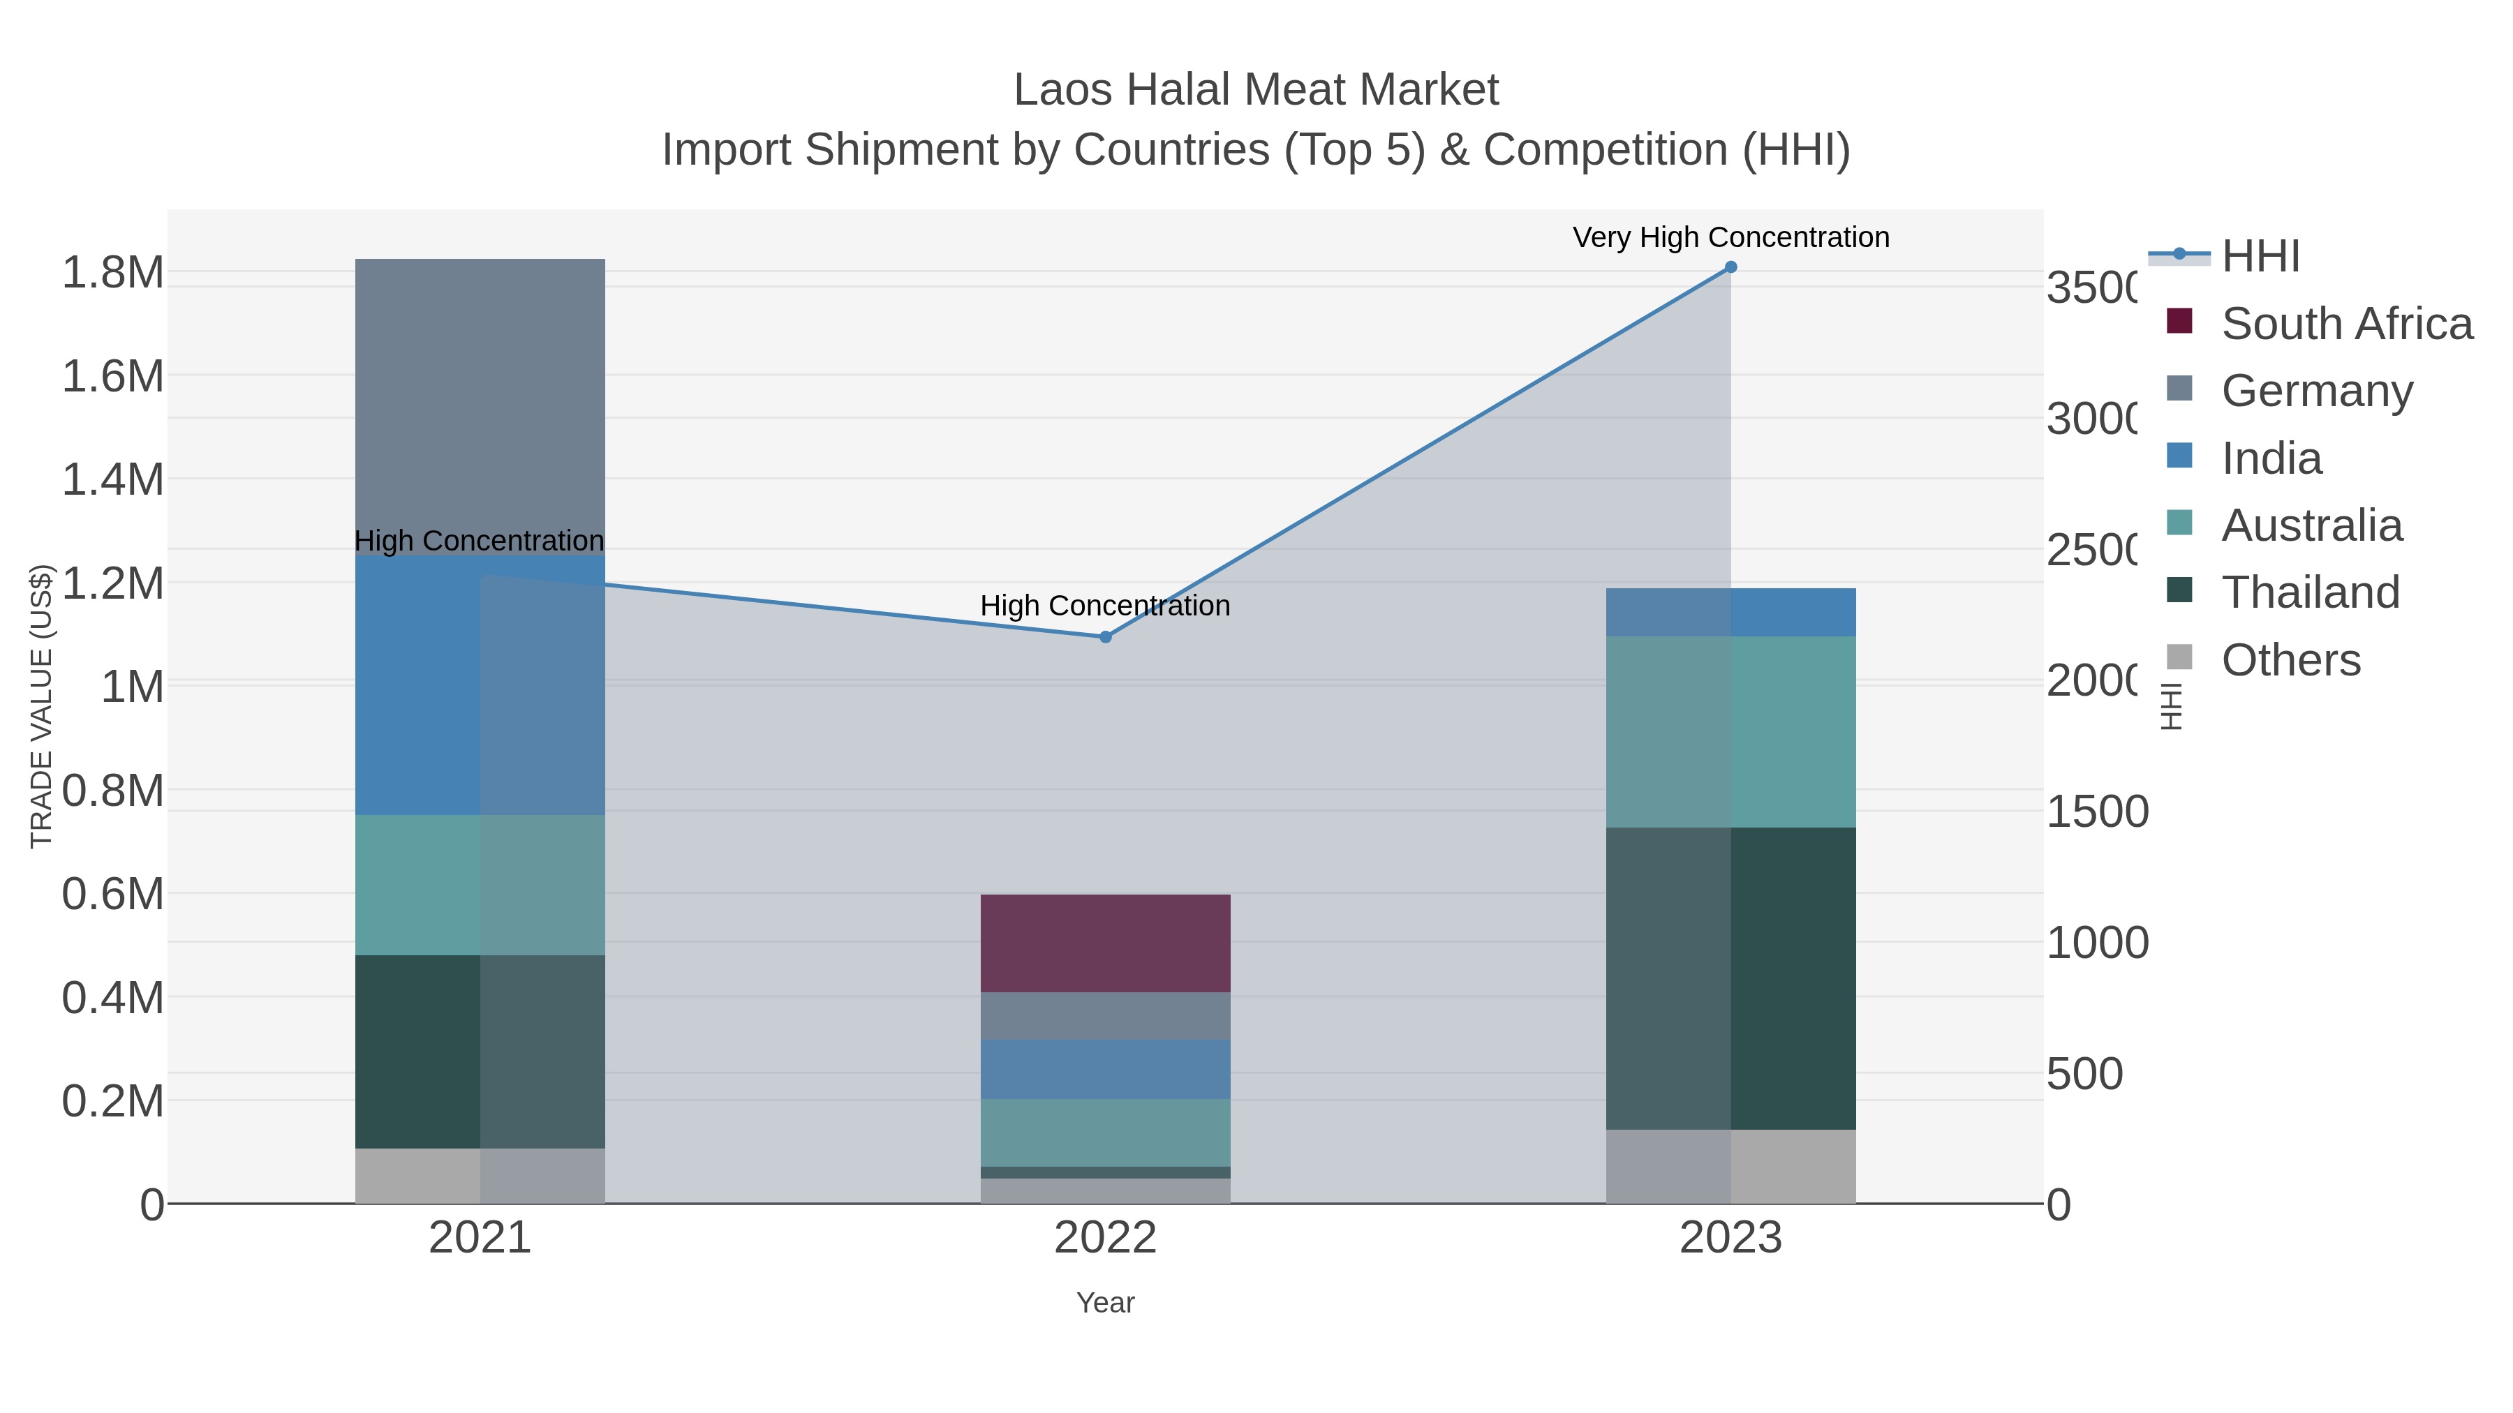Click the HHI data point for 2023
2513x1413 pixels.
coord(1730,267)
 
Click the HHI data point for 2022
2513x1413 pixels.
coord(1105,637)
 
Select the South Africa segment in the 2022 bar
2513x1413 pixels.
coord(1105,943)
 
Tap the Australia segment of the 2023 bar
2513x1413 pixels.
coord(1730,731)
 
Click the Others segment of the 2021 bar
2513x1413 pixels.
coord(479,1175)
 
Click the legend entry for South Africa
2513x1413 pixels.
coord(2346,324)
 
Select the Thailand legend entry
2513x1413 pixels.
coord(2310,592)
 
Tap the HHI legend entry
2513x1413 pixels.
coord(2260,257)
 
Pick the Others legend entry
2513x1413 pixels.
coord(2290,660)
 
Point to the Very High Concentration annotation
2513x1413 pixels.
coord(1730,237)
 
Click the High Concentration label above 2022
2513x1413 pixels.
coord(1105,606)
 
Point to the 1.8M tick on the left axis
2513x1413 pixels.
coord(112,272)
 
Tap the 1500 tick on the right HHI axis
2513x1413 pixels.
coord(2096,812)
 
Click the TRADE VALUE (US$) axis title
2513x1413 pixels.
coord(41,706)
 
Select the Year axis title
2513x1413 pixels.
coord(1105,1303)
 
